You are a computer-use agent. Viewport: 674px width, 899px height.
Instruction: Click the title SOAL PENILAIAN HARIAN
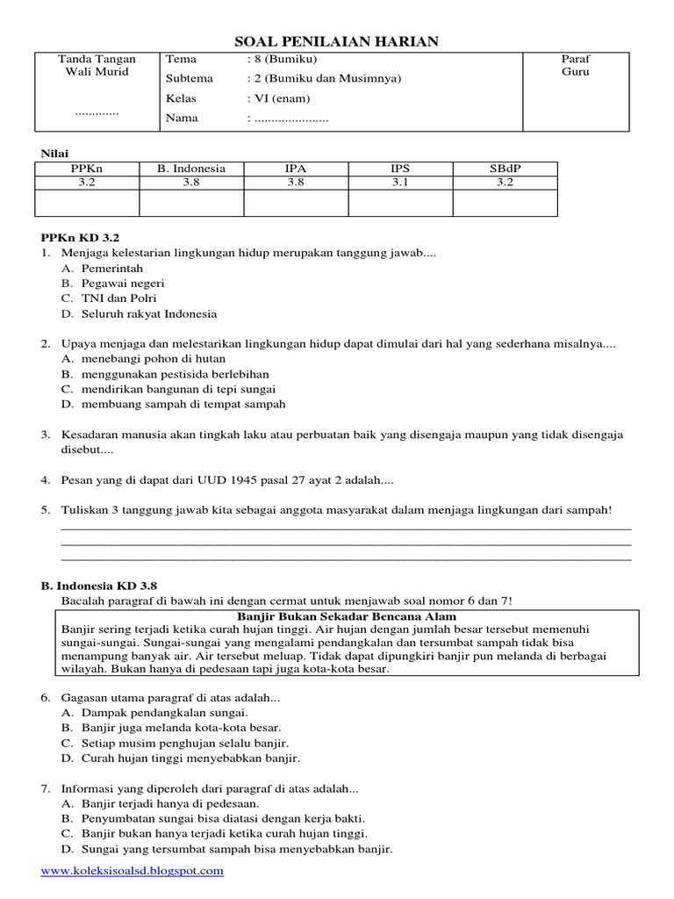click(x=338, y=41)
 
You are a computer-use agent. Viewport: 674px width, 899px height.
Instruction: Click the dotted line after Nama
click(x=290, y=119)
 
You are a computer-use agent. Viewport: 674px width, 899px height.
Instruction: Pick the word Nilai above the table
click(x=54, y=153)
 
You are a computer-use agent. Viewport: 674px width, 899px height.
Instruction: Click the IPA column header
click(x=296, y=169)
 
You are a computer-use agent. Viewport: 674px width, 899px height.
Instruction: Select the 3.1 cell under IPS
click(x=400, y=183)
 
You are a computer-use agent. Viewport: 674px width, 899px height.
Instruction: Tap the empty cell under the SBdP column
click(x=505, y=203)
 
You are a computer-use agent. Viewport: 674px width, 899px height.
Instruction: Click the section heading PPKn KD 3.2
click(x=80, y=237)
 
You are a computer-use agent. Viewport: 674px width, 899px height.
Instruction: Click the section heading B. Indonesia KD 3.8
click(x=99, y=586)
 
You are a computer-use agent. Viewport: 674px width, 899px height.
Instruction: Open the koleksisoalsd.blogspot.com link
click(x=133, y=871)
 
